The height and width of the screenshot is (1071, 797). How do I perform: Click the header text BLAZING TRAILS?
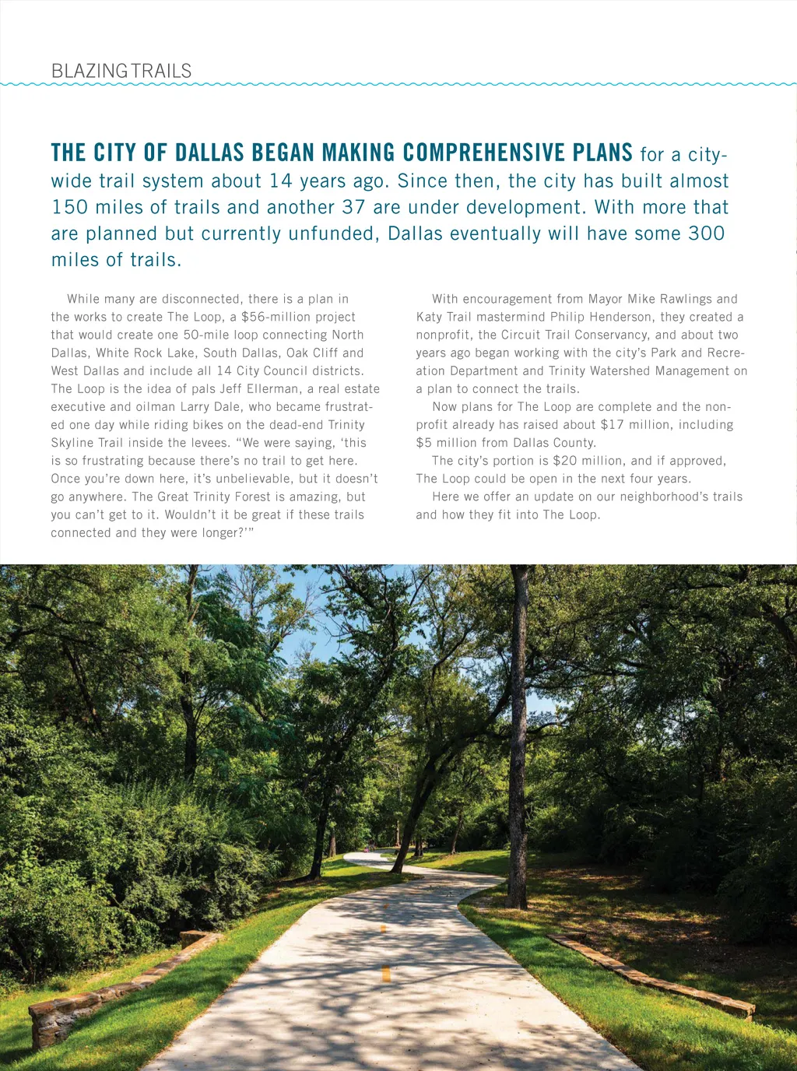click(x=121, y=71)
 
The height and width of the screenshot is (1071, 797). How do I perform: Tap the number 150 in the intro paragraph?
click(x=70, y=207)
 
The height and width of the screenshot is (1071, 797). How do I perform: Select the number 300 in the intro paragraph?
click(x=706, y=234)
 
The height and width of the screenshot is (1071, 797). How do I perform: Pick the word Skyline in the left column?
click(x=72, y=442)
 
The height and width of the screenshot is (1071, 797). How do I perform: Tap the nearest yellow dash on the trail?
click(x=385, y=973)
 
